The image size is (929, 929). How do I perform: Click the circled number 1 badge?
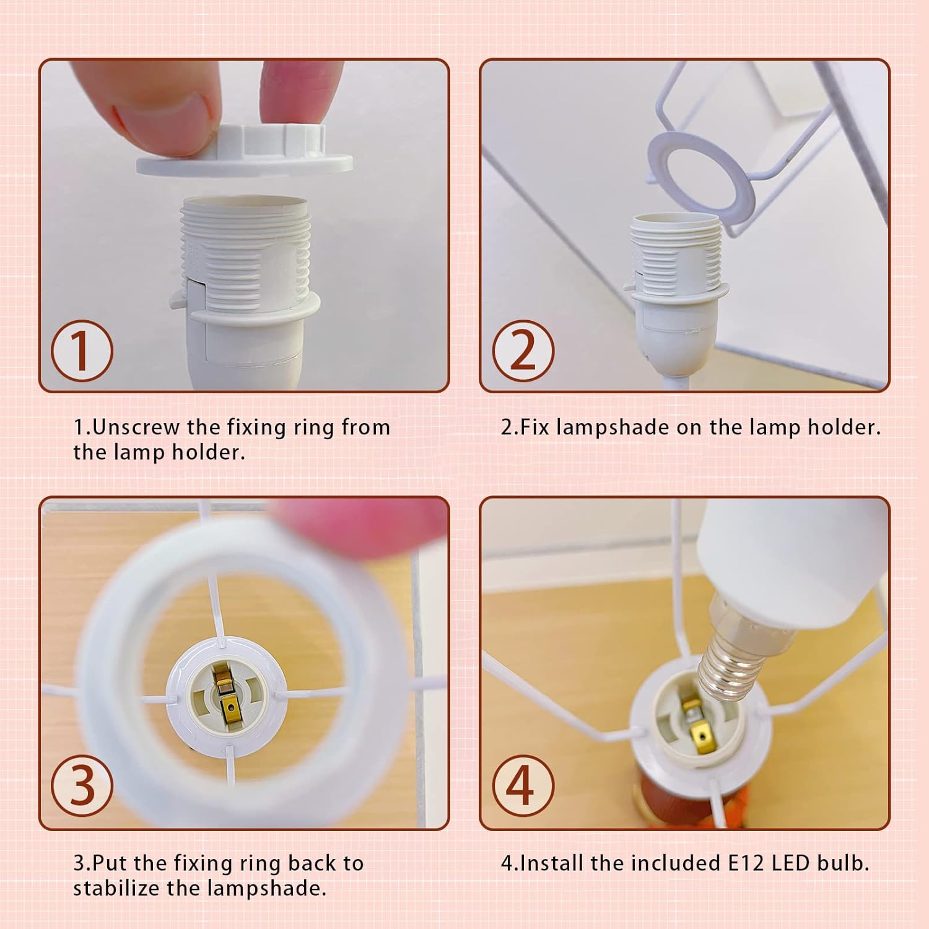pos(82,351)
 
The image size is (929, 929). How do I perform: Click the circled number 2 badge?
pos(523,351)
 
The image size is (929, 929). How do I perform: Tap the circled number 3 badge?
pos(82,787)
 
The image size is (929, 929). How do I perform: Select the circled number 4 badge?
pos(523,787)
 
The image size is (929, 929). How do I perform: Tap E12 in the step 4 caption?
pos(746,863)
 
